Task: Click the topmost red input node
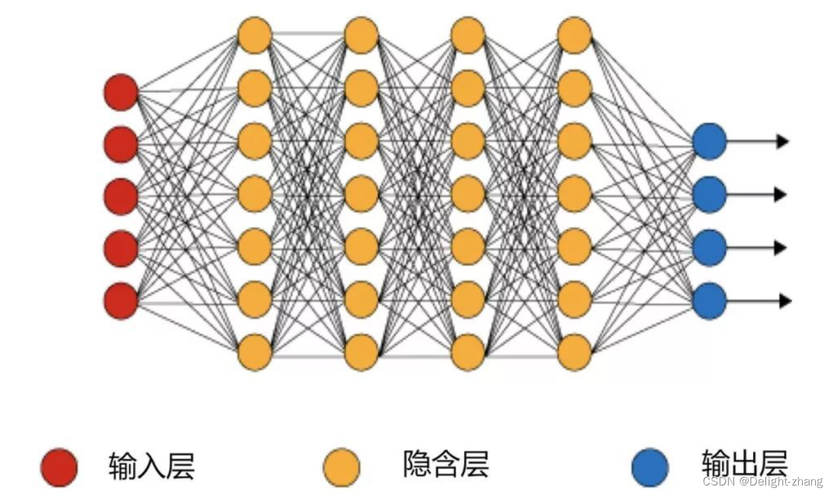pyautogui.click(x=121, y=92)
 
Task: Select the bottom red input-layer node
pyautogui.click(x=121, y=301)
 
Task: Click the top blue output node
pyautogui.click(x=709, y=141)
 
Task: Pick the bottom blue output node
pyautogui.click(x=709, y=301)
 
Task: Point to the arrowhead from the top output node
pyautogui.click(x=783, y=141)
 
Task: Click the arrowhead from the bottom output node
pyautogui.click(x=784, y=301)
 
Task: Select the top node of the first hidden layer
pyautogui.click(x=254, y=35)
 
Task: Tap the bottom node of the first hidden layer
pyautogui.click(x=254, y=352)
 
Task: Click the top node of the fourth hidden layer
pyautogui.click(x=575, y=35)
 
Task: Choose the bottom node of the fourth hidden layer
pyautogui.click(x=575, y=352)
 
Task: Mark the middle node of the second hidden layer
pyautogui.click(x=361, y=194)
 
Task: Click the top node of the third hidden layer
pyautogui.click(x=468, y=35)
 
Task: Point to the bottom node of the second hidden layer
pyautogui.click(x=361, y=352)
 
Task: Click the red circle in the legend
pyautogui.click(x=59, y=467)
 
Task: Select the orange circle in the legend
pyautogui.click(x=342, y=467)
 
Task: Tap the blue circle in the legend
pyautogui.click(x=650, y=467)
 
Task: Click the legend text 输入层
pyautogui.click(x=151, y=466)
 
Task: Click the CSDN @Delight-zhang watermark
pyautogui.click(x=762, y=482)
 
